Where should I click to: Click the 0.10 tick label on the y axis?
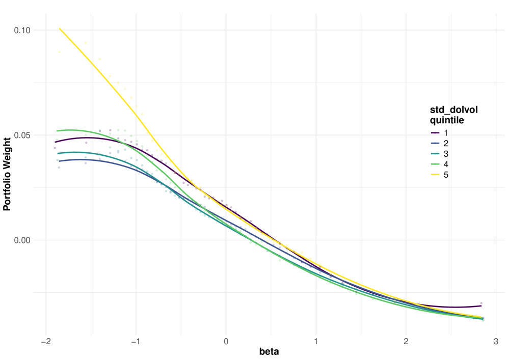tap(22, 31)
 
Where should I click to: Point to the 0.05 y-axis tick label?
tap(22, 135)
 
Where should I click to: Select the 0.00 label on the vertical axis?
tap(22, 240)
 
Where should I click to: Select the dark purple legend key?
tap(435, 133)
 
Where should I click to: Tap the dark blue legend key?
tap(435, 143)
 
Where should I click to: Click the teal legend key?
tap(435, 154)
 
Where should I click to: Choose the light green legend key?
tap(435, 164)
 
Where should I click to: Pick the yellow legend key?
tap(435, 175)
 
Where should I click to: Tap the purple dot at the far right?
tap(480, 303)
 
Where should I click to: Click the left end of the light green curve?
tap(57, 131)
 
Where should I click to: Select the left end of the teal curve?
tap(58, 153)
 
